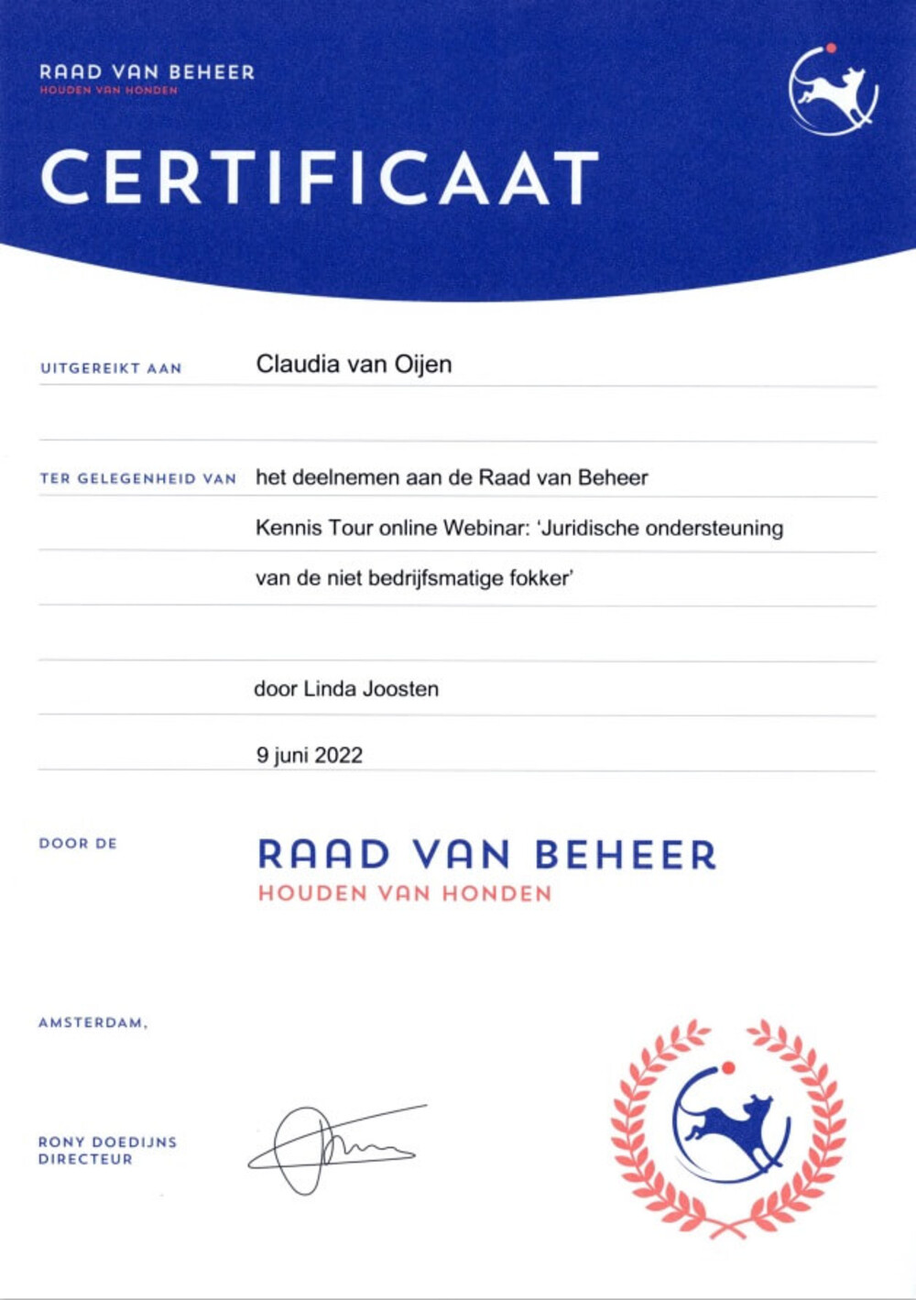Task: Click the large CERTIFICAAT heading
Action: (x=319, y=178)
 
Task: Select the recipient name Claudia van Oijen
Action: (x=354, y=365)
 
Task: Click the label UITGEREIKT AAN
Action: (x=111, y=368)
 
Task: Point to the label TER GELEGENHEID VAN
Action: (x=138, y=478)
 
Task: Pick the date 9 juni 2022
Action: (x=310, y=756)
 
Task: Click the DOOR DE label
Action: (x=78, y=844)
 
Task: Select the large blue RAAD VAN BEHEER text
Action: (x=486, y=855)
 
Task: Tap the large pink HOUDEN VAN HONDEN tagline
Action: (x=405, y=893)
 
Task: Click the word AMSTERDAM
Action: (x=92, y=1022)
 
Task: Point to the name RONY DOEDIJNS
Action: (x=107, y=1142)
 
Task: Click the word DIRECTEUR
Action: (x=85, y=1159)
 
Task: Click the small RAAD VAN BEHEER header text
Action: (x=147, y=72)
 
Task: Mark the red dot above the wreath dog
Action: (x=728, y=1066)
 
